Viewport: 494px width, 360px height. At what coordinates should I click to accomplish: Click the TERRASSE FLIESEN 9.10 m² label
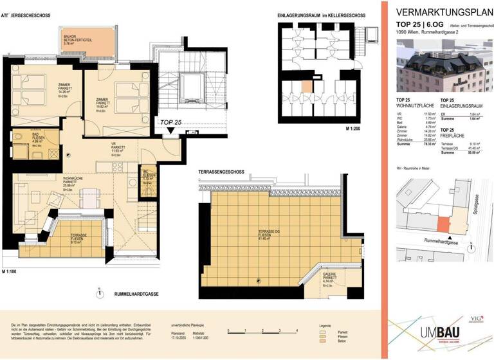pos(78,239)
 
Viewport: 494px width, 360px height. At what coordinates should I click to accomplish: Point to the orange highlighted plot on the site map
pos(443,224)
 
